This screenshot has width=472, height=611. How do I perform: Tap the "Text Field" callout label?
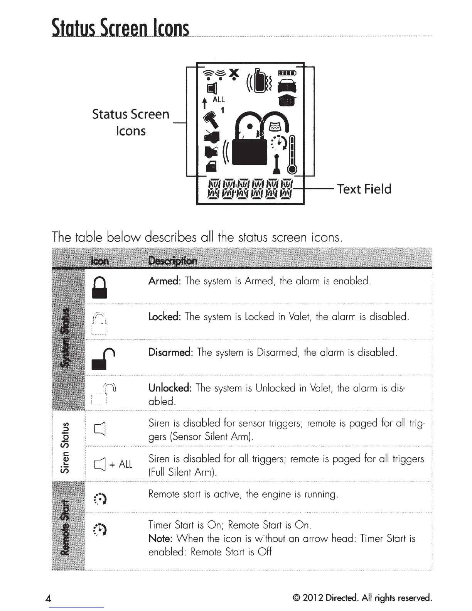tap(364, 189)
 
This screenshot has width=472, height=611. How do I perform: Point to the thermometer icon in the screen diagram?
tap(292, 155)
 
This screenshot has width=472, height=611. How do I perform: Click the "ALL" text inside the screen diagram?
tap(218, 100)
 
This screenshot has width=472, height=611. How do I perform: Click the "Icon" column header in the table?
tap(99, 261)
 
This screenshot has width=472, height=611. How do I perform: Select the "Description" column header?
tap(172, 261)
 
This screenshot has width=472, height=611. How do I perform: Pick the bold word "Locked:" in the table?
tap(165, 317)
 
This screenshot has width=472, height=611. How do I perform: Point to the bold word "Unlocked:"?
tap(170, 388)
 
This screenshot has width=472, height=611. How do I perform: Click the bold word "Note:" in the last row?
tap(160, 538)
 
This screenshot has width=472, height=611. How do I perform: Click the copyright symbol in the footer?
tap(296, 598)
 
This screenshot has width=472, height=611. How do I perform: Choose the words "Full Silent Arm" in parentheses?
tap(181, 472)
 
